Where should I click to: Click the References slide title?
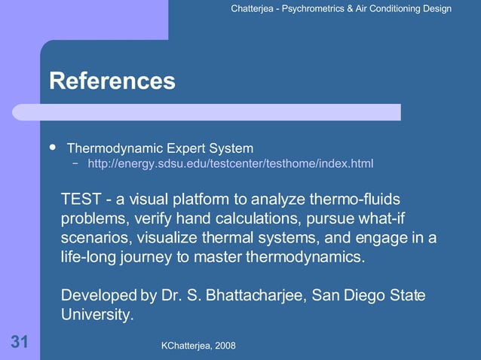pos(112,81)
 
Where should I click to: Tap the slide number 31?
pos(20,343)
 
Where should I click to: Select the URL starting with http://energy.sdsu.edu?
pos(230,163)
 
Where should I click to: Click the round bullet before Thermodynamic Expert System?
pos(52,146)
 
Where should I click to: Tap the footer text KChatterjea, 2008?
pos(198,345)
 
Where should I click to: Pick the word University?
pos(97,314)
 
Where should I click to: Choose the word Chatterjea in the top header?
pos(256,9)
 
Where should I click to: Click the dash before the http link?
pos(76,163)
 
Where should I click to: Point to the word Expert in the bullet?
pos(188,147)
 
